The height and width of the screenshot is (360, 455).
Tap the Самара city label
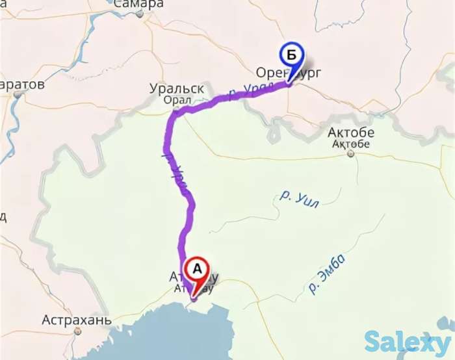[138, 4]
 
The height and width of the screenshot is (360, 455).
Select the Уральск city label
[177, 88]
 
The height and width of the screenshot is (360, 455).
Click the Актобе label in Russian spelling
[350, 133]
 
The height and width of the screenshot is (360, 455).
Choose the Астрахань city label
[77, 320]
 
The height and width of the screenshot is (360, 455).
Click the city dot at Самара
[139, 13]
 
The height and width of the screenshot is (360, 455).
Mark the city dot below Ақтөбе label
[350, 154]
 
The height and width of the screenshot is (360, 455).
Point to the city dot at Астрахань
[77, 331]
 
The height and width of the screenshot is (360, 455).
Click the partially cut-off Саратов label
[22, 84]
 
